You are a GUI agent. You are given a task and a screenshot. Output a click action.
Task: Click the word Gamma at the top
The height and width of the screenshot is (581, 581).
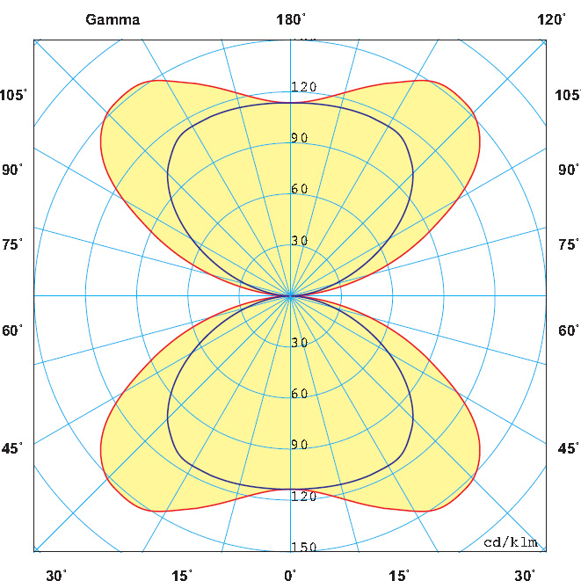click(x=113, y=20)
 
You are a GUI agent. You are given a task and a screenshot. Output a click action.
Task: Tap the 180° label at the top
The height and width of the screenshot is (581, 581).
click(x=291, y=20)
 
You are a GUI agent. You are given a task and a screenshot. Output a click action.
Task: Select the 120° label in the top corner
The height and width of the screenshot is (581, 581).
click(x=552, y=20)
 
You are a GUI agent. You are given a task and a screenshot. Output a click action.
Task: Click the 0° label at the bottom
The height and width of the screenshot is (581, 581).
click(x=290, y=576)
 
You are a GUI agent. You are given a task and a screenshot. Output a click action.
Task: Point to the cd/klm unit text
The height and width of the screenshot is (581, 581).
click(x=511, y=541)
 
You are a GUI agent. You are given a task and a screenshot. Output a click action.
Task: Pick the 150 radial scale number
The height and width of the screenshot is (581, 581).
click(x=304, y=548)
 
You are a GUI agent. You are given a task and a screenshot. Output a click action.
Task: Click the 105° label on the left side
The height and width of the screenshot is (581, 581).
click(x=14, y=95)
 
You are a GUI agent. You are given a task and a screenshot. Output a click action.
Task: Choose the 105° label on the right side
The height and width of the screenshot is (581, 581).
click(x=568, y=95)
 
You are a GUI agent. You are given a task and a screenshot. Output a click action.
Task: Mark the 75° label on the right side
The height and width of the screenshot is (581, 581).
click(x=568, y=244)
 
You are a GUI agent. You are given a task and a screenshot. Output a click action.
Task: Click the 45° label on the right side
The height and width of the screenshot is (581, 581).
click(x=568, y=448)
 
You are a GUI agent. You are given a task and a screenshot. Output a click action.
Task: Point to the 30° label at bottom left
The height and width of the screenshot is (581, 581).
click(x=56, y=576)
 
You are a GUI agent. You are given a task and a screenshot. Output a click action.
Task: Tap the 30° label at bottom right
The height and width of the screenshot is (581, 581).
click(x=525, y=576)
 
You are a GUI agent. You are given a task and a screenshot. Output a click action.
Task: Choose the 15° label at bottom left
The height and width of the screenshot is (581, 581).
click(x=182, y=576)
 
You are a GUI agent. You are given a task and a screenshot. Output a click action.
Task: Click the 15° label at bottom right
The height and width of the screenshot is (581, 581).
click(x=399, y=576)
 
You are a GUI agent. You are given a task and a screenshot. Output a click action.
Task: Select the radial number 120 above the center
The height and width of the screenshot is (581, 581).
click(x=304, y=87)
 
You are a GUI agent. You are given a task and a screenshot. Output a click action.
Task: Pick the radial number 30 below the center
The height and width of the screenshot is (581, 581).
click(x=300, y=343)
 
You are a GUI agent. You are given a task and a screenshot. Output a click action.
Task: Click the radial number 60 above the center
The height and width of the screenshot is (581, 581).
click(x=300, y=189)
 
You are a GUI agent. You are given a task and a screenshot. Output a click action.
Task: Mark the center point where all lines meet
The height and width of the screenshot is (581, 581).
click(x=291, y=295)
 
